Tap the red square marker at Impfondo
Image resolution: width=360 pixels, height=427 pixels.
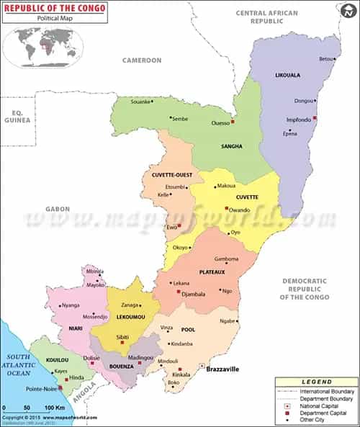pos(315,118)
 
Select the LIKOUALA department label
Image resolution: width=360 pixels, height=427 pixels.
pos(288,75)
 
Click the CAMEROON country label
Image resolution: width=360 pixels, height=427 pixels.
pos(142,60)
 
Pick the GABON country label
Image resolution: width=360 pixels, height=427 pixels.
pos(58,209)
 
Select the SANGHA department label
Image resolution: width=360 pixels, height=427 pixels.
pos(231,146)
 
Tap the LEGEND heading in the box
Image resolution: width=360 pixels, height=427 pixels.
pos(316,382)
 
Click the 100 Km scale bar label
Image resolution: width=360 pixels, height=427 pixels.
pos(55,408)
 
